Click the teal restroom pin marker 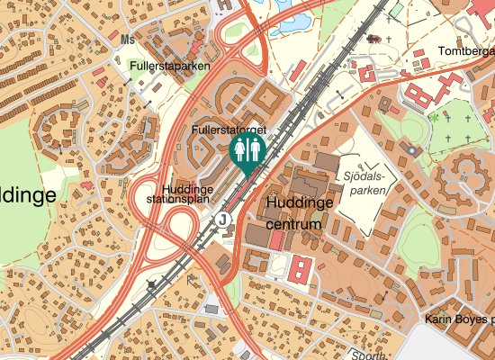(x=247, y=153)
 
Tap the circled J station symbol (x=221, y=219)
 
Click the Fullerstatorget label (x=229, y=131)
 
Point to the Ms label (x=127, y=40)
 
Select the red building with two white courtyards (x=301, y=267)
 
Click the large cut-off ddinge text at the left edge (x=27, y=194)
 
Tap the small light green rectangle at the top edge (x=395, y=10)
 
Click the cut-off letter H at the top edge (x=223, y=4)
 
